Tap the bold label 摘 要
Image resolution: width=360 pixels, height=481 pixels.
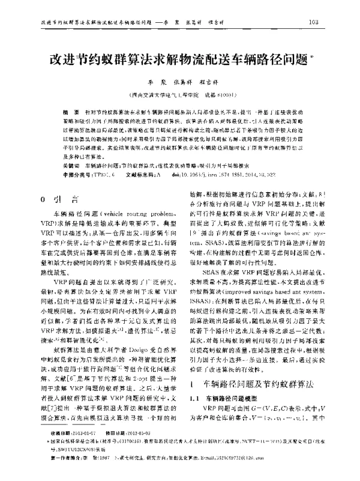pos(70,112)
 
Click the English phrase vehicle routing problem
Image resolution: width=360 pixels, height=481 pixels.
pos(137,214)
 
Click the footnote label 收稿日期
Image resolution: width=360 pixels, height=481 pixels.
pos(59,449)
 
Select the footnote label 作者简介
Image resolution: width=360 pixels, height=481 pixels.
pos(59,473)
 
